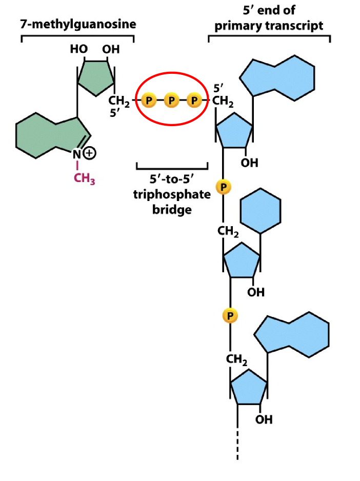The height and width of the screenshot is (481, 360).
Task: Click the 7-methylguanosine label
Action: click(x=77, y=25)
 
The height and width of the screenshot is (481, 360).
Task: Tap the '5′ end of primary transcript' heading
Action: click(x=269, y=17)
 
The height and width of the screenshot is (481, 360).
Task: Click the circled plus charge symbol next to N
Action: click(x=90, y=153)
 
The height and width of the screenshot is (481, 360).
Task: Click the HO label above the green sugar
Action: click(x=79, y=49)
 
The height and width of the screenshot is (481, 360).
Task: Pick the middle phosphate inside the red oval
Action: click(x=171, y=100)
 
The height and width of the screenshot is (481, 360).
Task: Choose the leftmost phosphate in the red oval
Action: click(x=148, y=100)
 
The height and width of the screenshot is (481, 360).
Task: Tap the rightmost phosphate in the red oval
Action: click(x=194, y=100)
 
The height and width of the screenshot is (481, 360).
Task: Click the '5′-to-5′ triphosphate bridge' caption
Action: click(x=172, y=195)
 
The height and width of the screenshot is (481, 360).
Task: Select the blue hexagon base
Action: click(x=261, y=211)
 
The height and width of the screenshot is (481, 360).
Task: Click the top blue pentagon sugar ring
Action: click(x=234, y=130)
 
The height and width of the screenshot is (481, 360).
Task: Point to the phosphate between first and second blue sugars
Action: click(x=223, y=187)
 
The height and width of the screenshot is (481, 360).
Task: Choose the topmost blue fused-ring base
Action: click(x=279, y=77)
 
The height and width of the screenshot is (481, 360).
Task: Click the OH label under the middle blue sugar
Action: click(x=256, y=292)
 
